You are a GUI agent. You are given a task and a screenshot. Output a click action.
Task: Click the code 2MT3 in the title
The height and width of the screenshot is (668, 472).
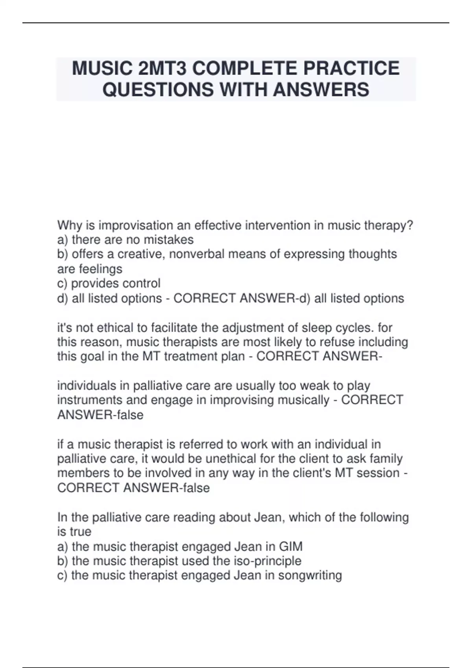click(x=162, y=68)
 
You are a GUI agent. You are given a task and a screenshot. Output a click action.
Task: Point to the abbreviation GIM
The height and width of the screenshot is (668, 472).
click(x=291, y=546)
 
